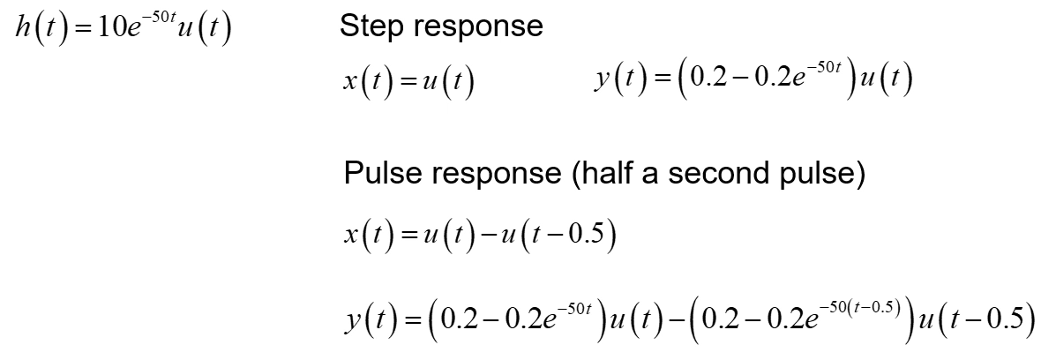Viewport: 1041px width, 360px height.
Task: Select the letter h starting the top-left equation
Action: [x=23, y=30]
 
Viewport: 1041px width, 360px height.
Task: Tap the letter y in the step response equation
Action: [x=602, y=82]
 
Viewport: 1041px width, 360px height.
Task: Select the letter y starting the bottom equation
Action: [x=353, y=320]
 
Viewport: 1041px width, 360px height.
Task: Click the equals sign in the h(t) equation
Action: [x=80, y=32]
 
